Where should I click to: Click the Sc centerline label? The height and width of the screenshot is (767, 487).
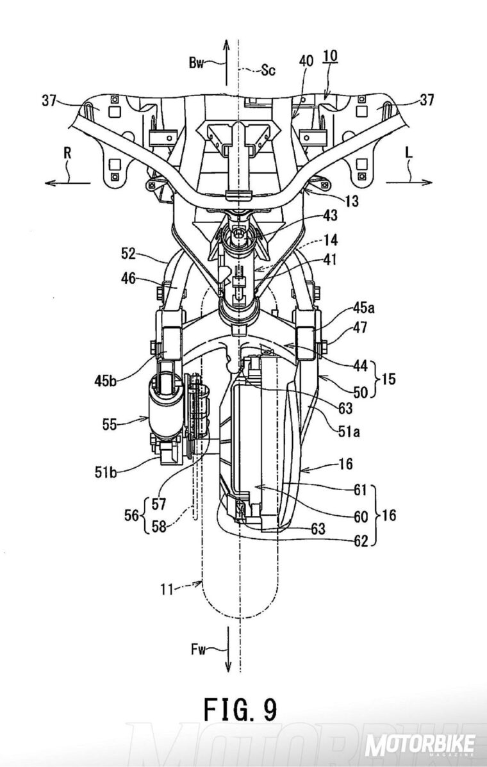click(267, 70)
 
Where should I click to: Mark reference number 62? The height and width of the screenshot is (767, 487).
click(360, 541)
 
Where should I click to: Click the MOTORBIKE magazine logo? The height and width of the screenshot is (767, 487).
click(421, 745)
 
